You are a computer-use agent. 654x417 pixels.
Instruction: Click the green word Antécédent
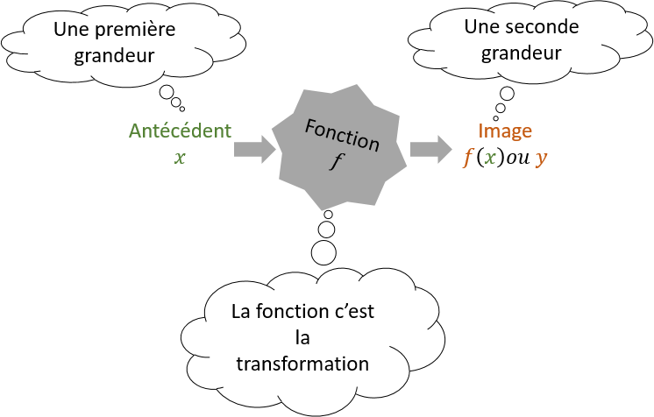pyautogui.click(x=180, y=131)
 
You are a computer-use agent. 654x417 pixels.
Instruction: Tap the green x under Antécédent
pyautogui.click(x=180, y=158)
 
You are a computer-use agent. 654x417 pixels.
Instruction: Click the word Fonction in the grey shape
pyautogui.click(x=343, y=135)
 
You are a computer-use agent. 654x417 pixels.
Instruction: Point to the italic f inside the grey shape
pyautogui.click(x=335, y=161)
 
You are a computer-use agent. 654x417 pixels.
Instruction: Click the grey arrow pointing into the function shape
pyautogui.click(x=254, y=149)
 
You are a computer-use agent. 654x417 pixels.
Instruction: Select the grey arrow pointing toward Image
pyautogui.click(x=430, y=149)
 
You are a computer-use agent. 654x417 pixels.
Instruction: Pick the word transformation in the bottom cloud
pyautogui.click(x=302, y=364)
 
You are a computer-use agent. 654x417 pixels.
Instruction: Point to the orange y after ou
pyautogui.click(x=541, y=159)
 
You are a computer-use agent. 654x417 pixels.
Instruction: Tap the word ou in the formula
pyautogui.click(x=517, y=159)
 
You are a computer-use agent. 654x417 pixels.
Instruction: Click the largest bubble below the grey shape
pyautogui.click(x=323, y=252)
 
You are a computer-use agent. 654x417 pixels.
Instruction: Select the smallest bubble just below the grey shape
pyautogui.click(x=328, y=215)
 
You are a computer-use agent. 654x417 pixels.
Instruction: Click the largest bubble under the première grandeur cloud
pyautogui.click(x=167, y=92)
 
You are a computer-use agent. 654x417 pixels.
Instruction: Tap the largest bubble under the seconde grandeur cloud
pyautogui.click(x=508, y=94)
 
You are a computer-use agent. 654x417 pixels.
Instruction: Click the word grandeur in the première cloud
pyautogui.click(x=114, y=56)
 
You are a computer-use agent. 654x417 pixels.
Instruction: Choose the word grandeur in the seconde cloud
pyautogui.click(x=522, y=53)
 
